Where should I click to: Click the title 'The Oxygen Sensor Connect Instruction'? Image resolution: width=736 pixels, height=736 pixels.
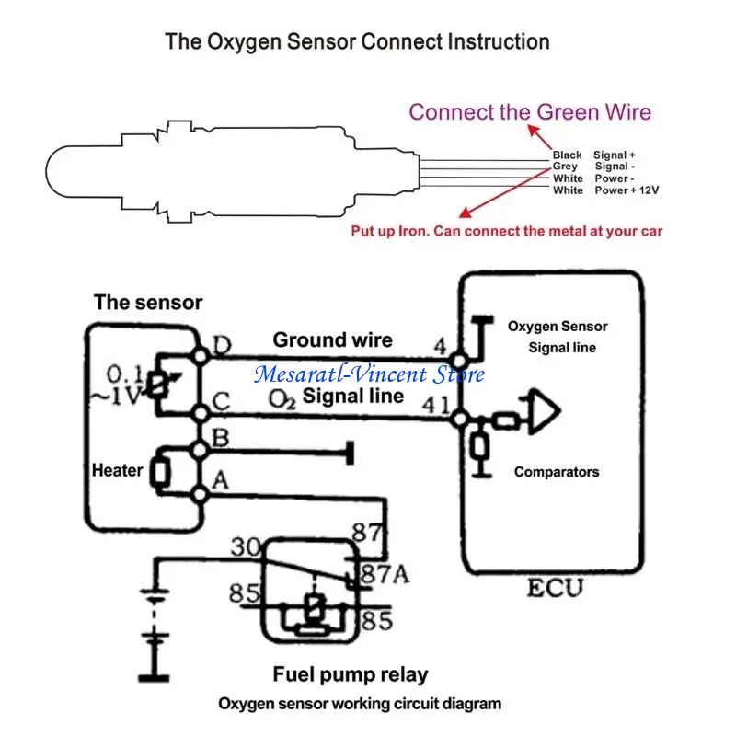(357, 41)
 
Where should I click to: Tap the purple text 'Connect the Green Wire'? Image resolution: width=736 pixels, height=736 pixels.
(530, 112)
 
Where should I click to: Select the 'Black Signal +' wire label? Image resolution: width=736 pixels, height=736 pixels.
(594, 155)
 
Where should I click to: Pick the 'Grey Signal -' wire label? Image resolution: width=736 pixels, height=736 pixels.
(594, 167)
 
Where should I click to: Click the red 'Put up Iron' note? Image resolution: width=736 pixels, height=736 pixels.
(506, 231)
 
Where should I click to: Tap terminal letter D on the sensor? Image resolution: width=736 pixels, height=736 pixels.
(222, 346)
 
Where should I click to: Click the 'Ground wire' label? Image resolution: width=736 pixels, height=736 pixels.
(332, 340)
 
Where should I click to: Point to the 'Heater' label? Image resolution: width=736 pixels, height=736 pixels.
(117, 470)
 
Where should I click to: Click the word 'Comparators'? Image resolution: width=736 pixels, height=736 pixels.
(556, 472)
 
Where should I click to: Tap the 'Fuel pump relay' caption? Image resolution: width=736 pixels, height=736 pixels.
(350, 674)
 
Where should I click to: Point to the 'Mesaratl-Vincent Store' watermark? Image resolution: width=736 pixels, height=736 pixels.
(369, 374)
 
